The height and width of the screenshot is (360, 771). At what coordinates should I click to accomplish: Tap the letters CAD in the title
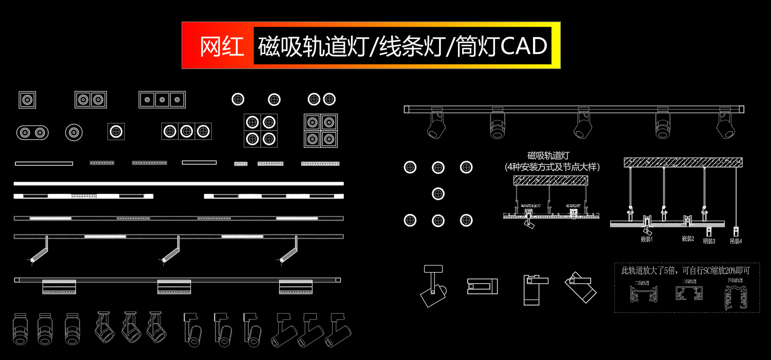click(x=523, y=47)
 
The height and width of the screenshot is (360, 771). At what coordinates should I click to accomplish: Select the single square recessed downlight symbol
click(x=27, y=99)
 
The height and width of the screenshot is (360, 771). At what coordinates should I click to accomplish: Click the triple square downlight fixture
click(x=162, y=99)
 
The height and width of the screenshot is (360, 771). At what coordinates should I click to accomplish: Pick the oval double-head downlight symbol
click(x=32, y=133)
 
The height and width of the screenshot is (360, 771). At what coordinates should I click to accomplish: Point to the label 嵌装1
click(x=646, y=239)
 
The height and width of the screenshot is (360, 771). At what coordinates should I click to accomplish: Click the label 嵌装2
click(x=688, y=239)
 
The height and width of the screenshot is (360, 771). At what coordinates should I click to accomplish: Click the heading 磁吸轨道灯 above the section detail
click(x=549, y=156)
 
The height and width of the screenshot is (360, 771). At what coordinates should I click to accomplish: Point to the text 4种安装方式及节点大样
click(x=553, y=167)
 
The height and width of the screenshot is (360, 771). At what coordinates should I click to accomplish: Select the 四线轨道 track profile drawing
click(x=737, y=298)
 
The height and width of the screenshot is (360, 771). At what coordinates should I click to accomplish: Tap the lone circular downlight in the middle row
click(x=438, y=194)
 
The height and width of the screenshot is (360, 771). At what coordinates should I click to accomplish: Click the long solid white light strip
click(x=178, y=183)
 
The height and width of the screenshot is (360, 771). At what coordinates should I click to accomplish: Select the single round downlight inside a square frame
click(x=116, y=131)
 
